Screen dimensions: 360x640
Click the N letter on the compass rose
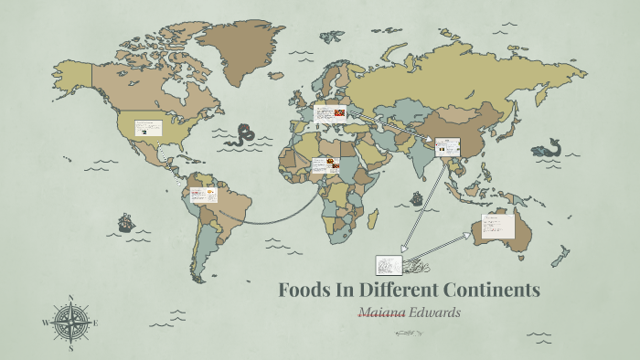[x=70, y=297]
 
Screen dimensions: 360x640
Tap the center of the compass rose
[x=70, y=323]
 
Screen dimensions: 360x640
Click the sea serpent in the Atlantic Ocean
[x=242, y=137]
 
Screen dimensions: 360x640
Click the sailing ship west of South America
[x=125, y=222]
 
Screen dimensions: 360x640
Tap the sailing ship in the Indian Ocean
[x=417, y=198]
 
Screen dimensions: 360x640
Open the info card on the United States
[x=148, y=128]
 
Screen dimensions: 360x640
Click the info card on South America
[x=204, y=196]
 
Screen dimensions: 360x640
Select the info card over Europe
[x=329, y=114]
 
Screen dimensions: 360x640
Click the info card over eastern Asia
[x=447, y=146]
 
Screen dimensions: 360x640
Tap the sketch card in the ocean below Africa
[x=389, y=265]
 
